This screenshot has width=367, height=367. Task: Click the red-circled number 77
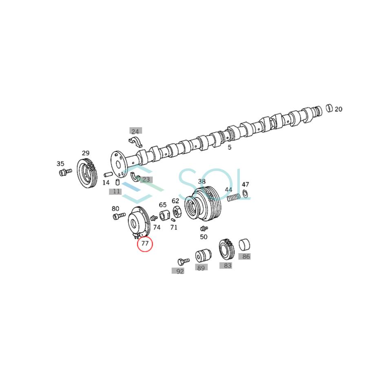145,244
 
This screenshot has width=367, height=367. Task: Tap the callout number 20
338,109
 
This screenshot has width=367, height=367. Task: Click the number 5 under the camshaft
229,147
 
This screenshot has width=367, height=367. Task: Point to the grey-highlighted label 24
135,131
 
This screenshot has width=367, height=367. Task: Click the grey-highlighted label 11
117,191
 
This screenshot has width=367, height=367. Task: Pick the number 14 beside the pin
106,183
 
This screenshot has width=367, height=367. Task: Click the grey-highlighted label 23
146,179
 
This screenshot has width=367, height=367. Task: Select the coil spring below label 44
232,198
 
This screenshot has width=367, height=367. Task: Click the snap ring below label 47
246,194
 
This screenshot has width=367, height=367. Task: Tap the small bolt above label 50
204,228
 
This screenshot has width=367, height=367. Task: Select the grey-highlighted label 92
180,271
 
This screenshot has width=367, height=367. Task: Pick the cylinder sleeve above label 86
244,244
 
